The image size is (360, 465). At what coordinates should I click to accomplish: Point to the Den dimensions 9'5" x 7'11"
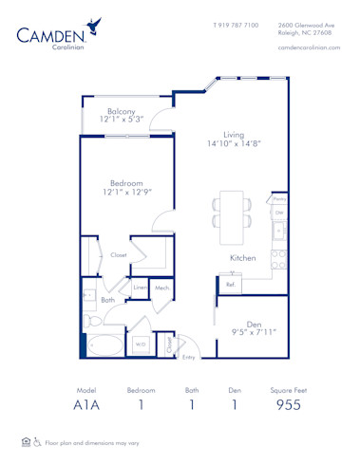pos(254,332)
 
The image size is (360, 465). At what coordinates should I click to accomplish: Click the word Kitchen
pos(241,257)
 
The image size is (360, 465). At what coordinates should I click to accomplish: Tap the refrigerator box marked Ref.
pos(231,283)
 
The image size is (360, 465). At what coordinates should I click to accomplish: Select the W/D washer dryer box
pos(141,344)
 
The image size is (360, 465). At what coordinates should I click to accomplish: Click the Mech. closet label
pos(162,288)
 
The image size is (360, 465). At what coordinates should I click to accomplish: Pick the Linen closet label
pos(140,288)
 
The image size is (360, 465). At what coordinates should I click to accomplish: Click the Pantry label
pos(278,200)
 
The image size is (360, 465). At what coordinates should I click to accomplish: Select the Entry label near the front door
pos(189,357)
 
